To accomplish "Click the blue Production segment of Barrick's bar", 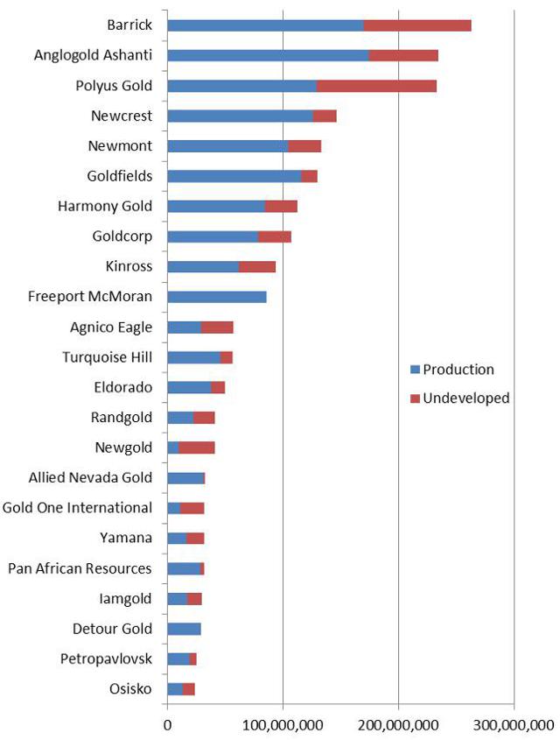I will [264, 25].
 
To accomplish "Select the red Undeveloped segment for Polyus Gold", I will [376, 85].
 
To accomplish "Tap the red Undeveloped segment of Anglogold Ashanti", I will [402, 55].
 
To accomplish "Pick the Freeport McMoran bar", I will [216, 296].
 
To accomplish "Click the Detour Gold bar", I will [184, 628].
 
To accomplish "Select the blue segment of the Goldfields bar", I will [234, 176].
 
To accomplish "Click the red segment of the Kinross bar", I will [257, 266].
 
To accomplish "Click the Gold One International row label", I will [77, 507].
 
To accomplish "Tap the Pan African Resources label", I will [80, 568].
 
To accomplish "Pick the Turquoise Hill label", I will [107, 356].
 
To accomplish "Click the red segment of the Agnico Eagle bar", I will [217, 327].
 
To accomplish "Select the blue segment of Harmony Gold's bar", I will [215, 206].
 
